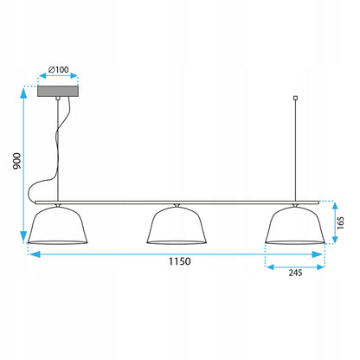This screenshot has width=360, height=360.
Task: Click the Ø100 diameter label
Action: click(58, 69)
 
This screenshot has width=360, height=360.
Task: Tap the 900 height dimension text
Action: click(17, 161)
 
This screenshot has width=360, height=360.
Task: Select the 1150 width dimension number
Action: click(179, 261)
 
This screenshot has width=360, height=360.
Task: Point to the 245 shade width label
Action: click(295, 273)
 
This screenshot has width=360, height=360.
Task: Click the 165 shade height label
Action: click(341, 222)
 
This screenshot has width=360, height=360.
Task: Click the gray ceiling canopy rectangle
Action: click(58, 91)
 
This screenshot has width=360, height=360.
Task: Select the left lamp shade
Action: click(58, 225)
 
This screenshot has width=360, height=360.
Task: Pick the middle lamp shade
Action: click(177, 225)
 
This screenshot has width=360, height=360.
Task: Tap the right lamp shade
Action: click(295, 225)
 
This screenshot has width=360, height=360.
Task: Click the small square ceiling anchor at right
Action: click(295, 98)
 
